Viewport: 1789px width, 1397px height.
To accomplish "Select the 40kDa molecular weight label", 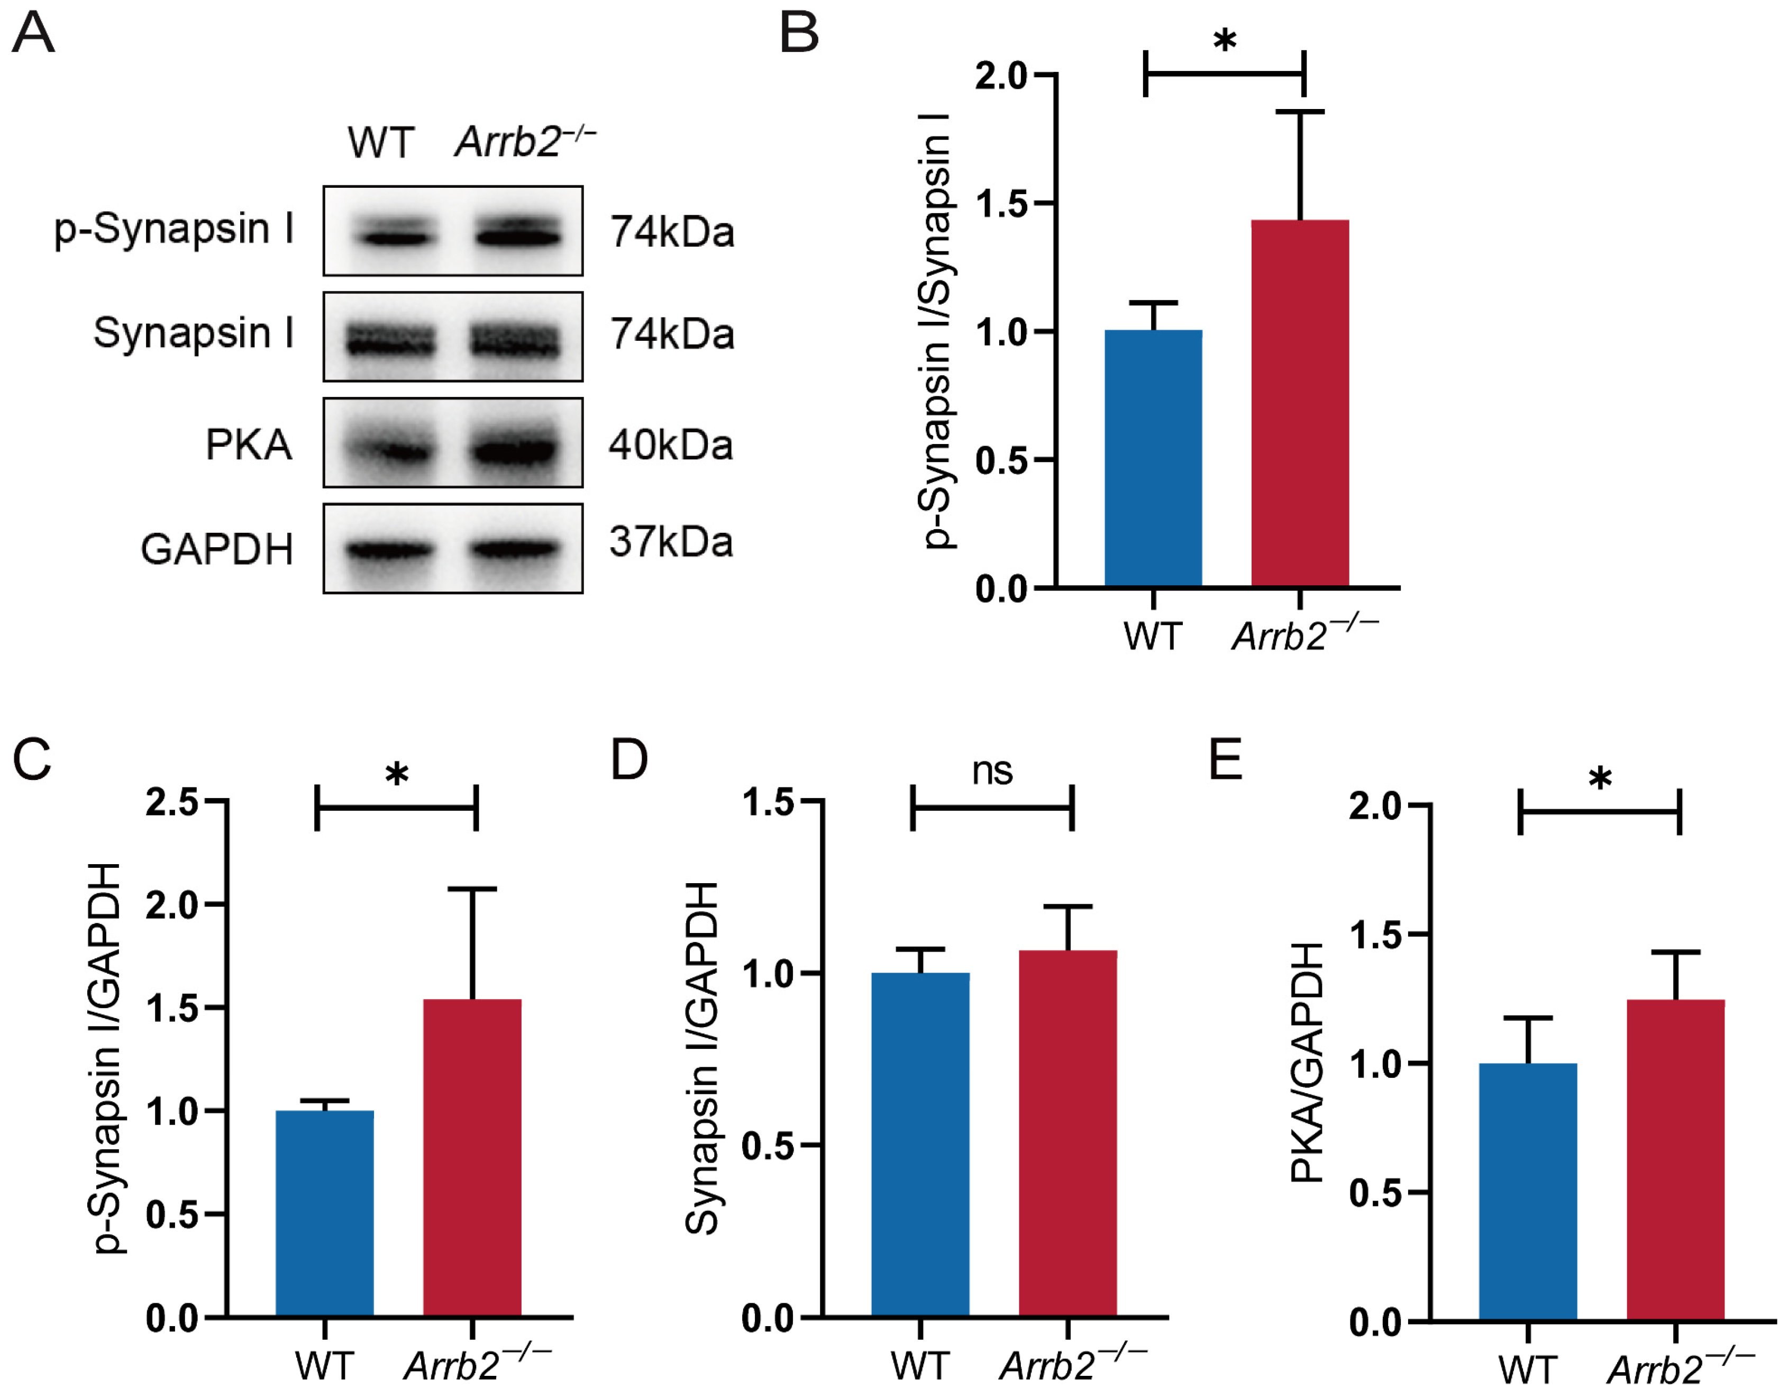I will [x=670, y=446].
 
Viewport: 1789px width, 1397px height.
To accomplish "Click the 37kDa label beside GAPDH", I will [x=670, y=542].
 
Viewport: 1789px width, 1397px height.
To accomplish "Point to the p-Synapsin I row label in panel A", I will [x=174, y=230].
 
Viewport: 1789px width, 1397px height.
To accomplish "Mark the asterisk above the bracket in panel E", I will [x=1599, y=777].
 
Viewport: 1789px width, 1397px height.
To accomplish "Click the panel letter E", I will [x=1226, y=759].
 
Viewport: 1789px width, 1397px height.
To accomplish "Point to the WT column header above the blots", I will [x=381, y=142].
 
